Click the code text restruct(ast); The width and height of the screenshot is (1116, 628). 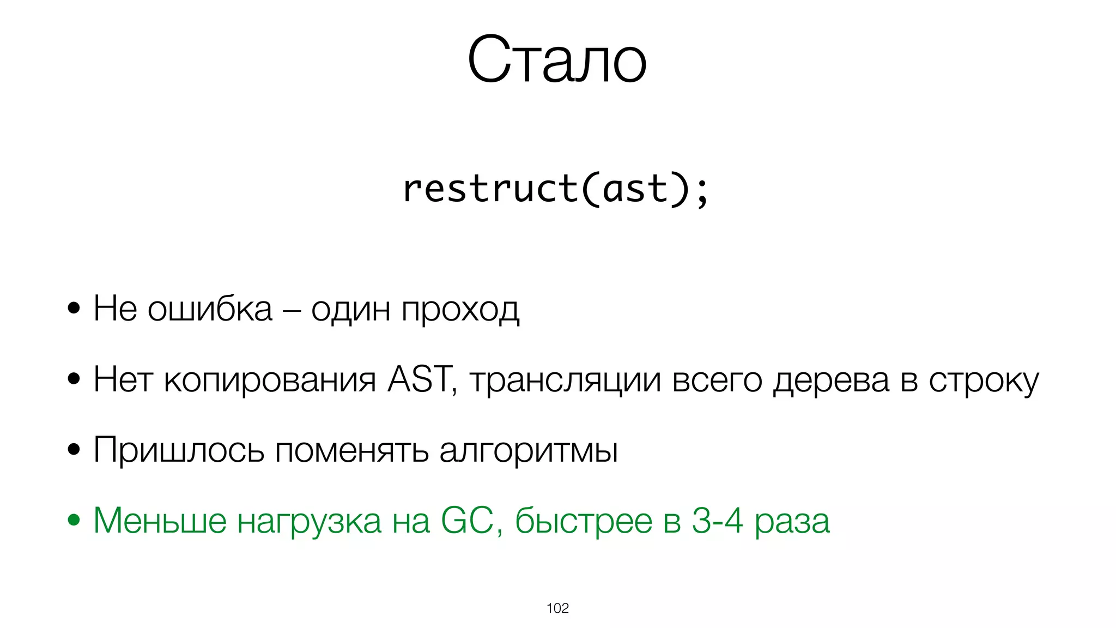pyautogui.click(x=556, y=189)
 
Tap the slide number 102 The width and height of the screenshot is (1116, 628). pyautogui.click(x=557, y=608)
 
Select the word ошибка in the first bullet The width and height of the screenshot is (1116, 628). pyautogui.click(x=210, y=309)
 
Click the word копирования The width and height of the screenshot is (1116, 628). pyautogui.click(x=270, y=381)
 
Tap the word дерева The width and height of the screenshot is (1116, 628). pyautogui.click(x=831, y=381)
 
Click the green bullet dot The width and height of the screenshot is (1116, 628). pyautogui.click(x=74, y=520)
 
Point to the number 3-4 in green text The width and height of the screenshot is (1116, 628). pyautogui.click(x=717, y=521)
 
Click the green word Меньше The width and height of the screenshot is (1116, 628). pyautogui.click(x=160, y=521)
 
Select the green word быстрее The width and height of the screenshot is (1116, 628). pyautogui.click(x=583, y=521)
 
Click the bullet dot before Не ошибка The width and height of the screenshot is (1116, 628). pyautogui.click(x=74, y=309)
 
